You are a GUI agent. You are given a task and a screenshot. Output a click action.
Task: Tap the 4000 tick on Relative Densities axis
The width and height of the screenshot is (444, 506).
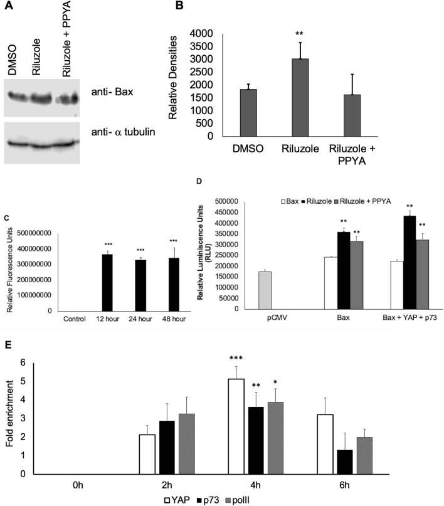pos(213,33)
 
